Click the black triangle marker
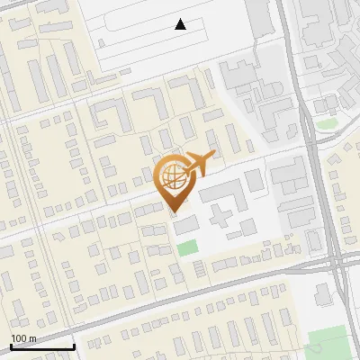coord(181,25)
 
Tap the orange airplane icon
coord(199,165)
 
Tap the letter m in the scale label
coord(33,338)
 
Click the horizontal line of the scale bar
coord(41,346)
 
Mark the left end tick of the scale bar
coord(10,346)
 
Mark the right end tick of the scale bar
coord(73,346)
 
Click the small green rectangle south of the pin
coord(186,247)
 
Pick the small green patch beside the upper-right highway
coord(325,122)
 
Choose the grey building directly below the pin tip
coord(185,225)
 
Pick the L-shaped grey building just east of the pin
coord(219,193)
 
